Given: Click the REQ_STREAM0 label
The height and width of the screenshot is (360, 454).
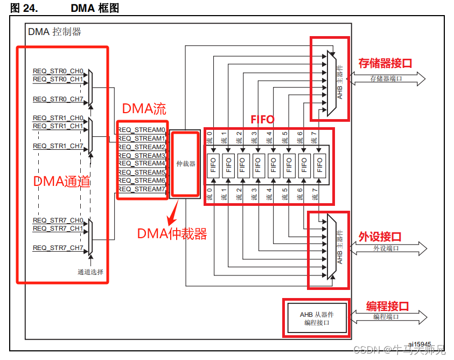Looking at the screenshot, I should (142, 130).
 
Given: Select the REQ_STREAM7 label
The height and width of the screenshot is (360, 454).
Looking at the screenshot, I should (142, 189).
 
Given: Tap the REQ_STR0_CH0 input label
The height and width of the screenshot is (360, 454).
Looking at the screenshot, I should (58, 71).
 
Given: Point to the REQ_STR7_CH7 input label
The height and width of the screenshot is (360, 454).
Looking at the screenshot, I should (58, 248).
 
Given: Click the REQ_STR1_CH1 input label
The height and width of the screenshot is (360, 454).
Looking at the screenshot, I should (58, 126).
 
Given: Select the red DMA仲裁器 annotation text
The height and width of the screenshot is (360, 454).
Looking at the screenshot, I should (172, 234).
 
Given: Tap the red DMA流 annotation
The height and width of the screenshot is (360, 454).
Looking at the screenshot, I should (144, 109).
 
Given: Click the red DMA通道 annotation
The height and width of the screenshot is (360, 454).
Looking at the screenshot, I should (61, 182).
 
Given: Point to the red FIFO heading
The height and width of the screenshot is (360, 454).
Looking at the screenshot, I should (262, 120).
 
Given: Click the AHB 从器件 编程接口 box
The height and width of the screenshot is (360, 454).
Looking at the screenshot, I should (316, 318).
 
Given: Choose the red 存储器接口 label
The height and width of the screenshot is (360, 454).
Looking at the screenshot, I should (385, 64).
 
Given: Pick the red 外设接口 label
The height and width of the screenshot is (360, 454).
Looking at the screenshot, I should (380, 237).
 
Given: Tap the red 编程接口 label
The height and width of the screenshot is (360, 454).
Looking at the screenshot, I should (387, 306).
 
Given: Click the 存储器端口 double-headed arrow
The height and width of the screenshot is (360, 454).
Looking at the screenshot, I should (387, 79).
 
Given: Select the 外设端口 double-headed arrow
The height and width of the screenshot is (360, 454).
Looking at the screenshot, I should (387, 248).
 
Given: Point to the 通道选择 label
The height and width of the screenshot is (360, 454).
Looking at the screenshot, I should (90, 272).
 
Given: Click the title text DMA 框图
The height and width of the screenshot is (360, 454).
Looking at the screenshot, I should (95, 8).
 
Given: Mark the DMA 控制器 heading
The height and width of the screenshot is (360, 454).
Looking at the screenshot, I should (54, 32).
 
